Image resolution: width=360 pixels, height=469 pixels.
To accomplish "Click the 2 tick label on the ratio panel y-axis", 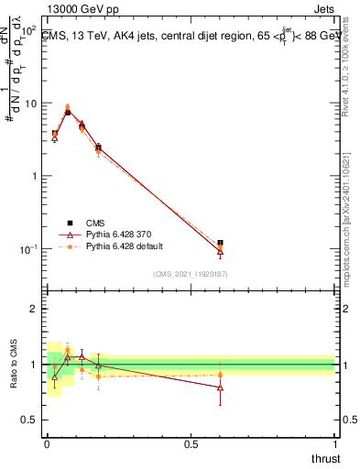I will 36,309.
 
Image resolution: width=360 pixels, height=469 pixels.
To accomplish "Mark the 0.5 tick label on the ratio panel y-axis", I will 31,420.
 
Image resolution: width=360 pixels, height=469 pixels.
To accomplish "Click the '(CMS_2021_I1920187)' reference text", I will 190,274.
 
